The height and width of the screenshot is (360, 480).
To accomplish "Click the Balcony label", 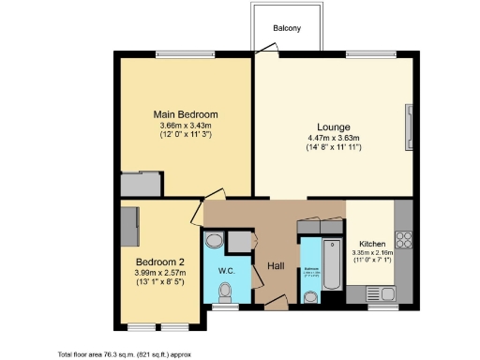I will tap(287, 28).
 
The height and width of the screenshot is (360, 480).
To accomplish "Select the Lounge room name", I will tap(333, 128).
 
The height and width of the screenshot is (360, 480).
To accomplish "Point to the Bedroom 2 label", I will tap(160, 260).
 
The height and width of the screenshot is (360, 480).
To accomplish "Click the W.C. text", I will tap(226, 272).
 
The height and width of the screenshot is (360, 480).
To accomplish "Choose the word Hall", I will tap(276, 265).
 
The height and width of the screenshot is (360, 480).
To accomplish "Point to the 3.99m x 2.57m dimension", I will tap(160, 271).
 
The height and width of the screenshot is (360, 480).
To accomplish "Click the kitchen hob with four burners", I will tap(406, 240).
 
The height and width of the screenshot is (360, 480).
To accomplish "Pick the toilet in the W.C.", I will tap(222, 299).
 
